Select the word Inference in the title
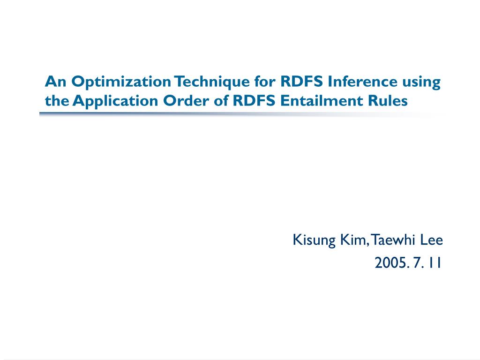[x=362, y=82]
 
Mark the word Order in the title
[x=186, y=101]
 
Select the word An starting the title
[x=56, y=82]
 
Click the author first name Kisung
[x=314, y=240]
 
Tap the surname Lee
[x=431, y=240]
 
